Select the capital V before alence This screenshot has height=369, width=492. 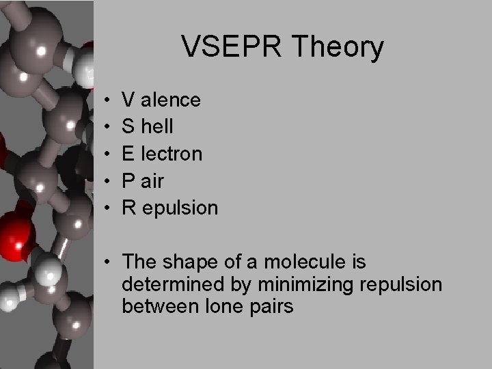(x=128, y=100)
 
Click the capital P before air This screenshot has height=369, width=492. (x=128, y=180)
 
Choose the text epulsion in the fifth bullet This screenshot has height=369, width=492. (x=178, y=208)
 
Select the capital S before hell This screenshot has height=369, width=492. (x=128, y=127)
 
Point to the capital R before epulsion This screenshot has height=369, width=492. (x=128, y=208)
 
